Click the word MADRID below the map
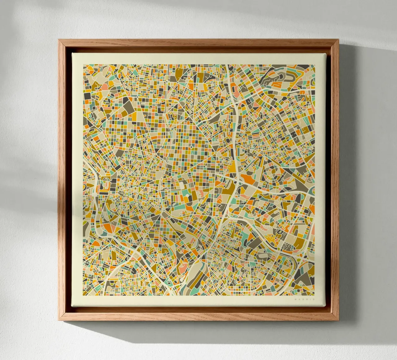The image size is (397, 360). [305, 299]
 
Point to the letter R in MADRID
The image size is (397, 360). [307, 299]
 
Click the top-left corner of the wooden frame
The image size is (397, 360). [59, 39]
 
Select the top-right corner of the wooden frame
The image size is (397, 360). [339, 39]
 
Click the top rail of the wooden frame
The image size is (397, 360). [198, 43]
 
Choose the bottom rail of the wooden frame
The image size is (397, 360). [198, 317]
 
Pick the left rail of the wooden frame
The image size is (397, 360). [62, 180]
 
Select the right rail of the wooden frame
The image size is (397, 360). [335, 180]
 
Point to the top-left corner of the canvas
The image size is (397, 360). [72, 53]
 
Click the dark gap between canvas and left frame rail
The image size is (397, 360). [69, 180]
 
